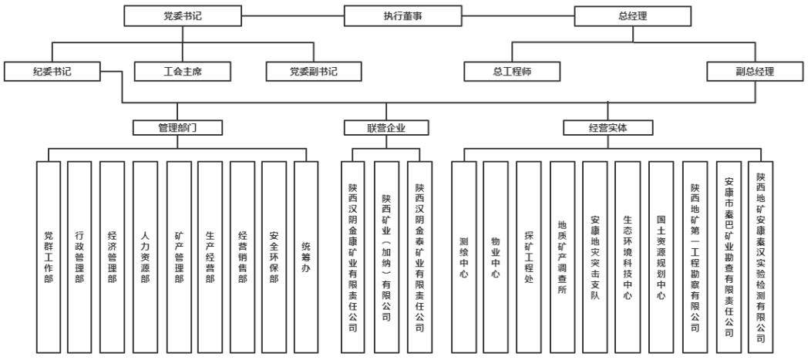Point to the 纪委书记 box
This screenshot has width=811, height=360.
coord(52,72)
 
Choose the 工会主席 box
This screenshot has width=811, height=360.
coord(183,72)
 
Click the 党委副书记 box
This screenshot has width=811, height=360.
coord(314,72)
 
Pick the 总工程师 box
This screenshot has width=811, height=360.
coord(513,72)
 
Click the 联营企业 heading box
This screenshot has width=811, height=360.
coord(385,127)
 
